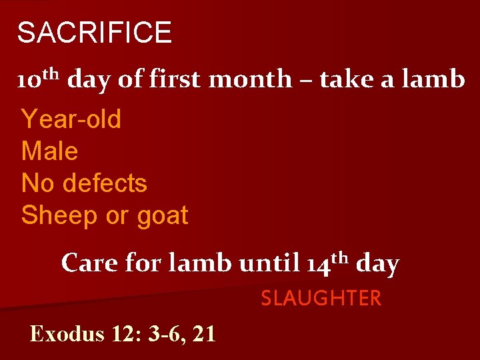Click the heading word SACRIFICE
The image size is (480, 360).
pos(94,33)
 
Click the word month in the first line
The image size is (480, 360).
pos(250,79)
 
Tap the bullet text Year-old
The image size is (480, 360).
pos(71,120)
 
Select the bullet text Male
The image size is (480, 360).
pos(50,151)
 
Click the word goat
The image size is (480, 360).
pos(163,216)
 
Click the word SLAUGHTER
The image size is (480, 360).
pos(321,299)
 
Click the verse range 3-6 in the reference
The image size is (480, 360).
pos(161,333)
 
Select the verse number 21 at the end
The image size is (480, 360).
pos(203,333)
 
